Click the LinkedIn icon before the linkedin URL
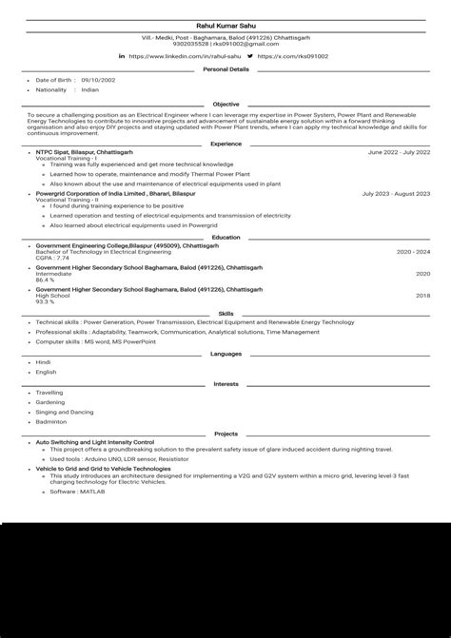click(x=122, y=57)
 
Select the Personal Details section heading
click(x=225, y=69)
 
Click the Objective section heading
click(x=225, y=104)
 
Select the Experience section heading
click(x=225, y=144)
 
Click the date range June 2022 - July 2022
click(x=399, y=152)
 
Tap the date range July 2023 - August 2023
click(x=396, y=193)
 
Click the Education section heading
click(x=225, y=237)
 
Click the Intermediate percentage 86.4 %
click(x=45, y=280)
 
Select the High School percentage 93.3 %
click(x=45, y=301)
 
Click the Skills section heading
click(x=225, y=313)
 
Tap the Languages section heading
click(x=225, y=354)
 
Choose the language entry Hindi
click(x=43, y=362)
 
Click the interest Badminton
click(x=51, y=420)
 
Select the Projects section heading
click(x=225, y=434)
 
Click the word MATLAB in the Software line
click(x=92, y=492)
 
